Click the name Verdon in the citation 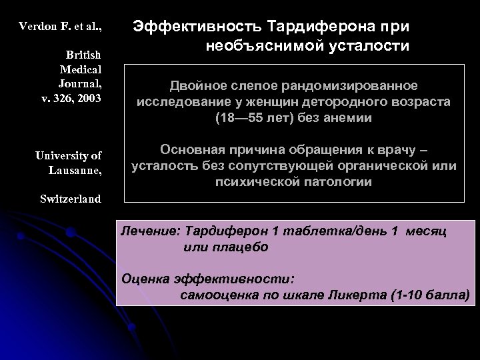click(37, 27)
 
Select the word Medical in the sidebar click(81, 69)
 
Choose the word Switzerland click(70, 199)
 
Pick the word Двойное click(192, 87)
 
